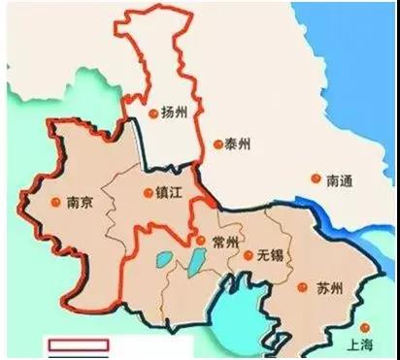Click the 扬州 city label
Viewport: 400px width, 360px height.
coord(175,114)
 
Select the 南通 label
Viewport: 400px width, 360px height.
coord(340,179)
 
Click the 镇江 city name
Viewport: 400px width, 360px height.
coord(169,192)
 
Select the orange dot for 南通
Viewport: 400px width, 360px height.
coord(317,179)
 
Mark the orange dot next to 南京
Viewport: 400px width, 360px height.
coord(53,203)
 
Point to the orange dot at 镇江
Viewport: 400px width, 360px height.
coord(147,192)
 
